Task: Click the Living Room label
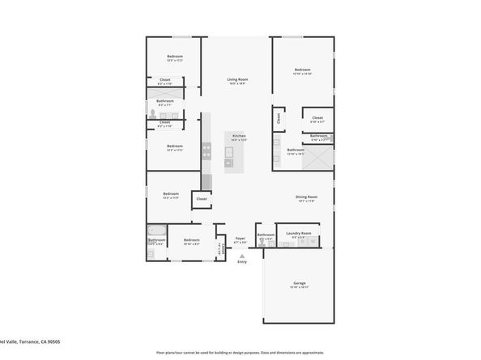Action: click(236, 80)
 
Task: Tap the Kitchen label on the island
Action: click(239, 137)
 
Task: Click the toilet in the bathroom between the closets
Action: click(152, 114)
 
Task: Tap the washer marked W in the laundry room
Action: click(313, 241)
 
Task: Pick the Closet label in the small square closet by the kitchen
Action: click(202, 198)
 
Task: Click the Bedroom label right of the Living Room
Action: click(303, 70)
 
